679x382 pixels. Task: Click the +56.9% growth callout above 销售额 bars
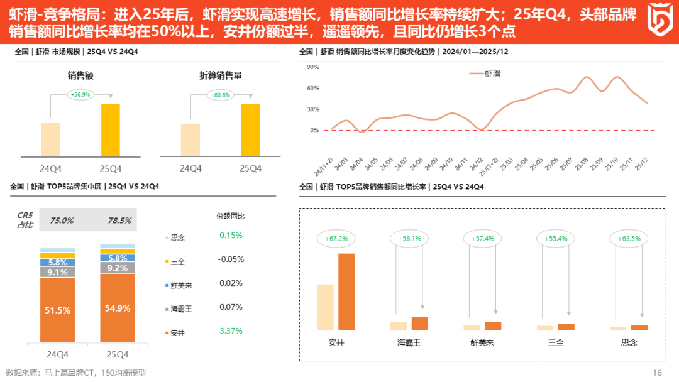point(80,95)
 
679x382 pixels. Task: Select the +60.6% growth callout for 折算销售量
point(221,95)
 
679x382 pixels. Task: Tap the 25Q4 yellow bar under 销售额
point(110,130)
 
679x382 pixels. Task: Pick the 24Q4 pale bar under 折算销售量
point(190,139)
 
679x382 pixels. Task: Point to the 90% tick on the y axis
point(313,67)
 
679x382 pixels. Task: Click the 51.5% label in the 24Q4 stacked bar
point(57,310)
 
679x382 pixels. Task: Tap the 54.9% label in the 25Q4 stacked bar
point(118,308)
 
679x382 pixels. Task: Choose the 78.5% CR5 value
point(119,221)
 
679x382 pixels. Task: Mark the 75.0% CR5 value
point(62,221)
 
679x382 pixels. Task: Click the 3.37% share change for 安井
point(231,330)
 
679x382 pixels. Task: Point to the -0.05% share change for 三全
point(231,259)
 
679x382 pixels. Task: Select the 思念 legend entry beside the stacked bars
point(178,238)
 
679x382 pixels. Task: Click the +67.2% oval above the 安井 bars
point(336,239)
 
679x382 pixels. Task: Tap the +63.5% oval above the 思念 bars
point(630,239)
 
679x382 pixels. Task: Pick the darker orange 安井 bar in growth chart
point(346,292)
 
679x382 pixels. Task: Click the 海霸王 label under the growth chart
point(409,342)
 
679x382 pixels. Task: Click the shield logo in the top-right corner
point(661,21)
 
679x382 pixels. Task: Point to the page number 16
point(657,373)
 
